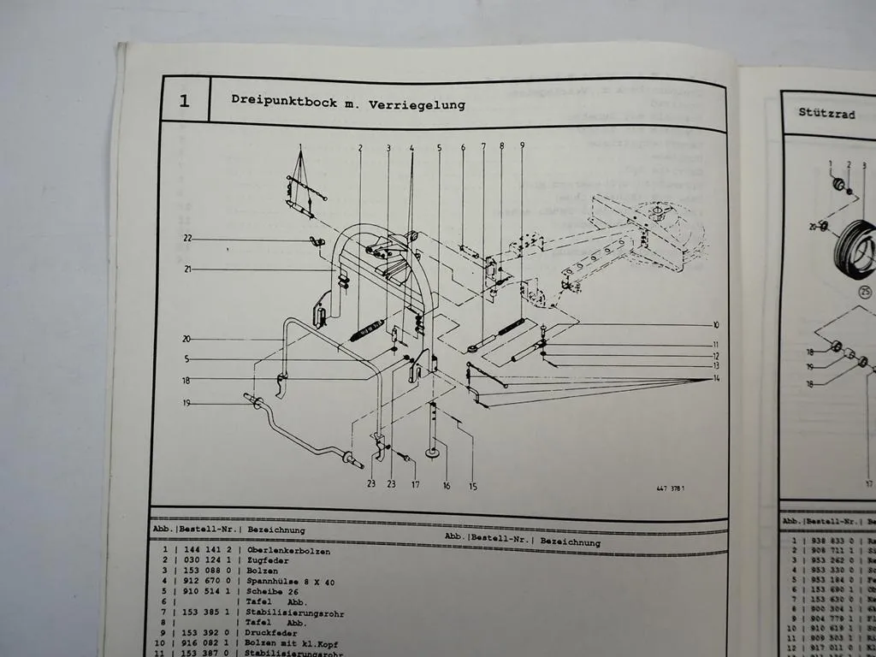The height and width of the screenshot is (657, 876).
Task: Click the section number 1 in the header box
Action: click(184, 101)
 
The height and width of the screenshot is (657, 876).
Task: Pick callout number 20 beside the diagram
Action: click(186, 339)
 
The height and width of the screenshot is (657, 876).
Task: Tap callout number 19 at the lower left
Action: click(186, 402)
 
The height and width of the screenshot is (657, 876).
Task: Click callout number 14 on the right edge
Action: click(715, 378)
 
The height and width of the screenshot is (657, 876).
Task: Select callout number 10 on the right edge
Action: click(715, 325)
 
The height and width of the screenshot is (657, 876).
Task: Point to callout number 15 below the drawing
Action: click(472, 487)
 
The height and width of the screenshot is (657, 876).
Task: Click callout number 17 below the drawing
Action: click(416, 485)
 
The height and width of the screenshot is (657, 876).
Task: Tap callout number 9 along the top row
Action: click(522, 145)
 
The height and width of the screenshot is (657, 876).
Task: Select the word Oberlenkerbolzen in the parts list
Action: click(288, 552)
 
